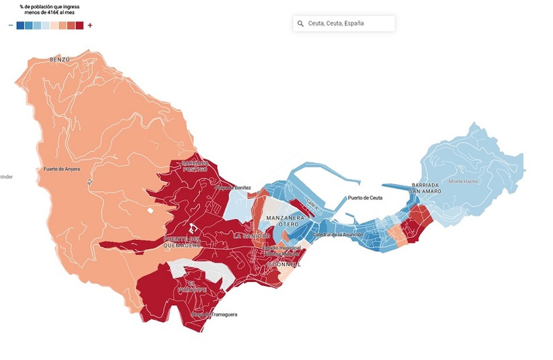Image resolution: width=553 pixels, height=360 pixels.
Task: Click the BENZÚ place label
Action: pyautogui.click(x=60, y=59)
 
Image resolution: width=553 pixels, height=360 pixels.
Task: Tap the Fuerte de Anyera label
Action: pyautogui.click(x=62, y=169)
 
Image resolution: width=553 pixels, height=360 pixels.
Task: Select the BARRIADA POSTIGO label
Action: pyautogui.click(x=195, y=166)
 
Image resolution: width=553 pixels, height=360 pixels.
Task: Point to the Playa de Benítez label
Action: pyautogui.click(x=233, y=188)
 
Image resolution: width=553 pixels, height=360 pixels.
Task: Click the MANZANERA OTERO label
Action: pyautogui.click(x=285, y=221)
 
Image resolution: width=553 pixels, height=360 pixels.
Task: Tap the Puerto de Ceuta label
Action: pyautogui.click(x=365, y=198)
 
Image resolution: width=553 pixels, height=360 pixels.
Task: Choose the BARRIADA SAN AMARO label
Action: pyautogui.click(x=425, y=188)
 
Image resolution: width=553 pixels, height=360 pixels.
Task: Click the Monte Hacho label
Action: pyautogui.click(x=463, y=181)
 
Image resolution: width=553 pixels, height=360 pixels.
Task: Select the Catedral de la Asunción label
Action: pyautogui.click(x=338, y=235)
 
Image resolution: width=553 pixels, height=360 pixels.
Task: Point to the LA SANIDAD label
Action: pyautogui.click(x=251, y=236)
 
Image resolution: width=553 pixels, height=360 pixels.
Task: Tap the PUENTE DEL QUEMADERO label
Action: pyautogui.click(x=182, y=242)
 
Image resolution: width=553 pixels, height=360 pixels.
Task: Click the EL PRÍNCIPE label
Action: pyautogui.click(x=192, y=287)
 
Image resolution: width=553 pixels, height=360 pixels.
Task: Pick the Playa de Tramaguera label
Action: pyautogui.click(x=215, y=314)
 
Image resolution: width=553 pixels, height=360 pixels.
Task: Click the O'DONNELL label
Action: pyautogui.click(x=283, y=264)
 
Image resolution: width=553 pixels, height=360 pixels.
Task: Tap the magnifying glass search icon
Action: pyautogui.click(x=300, y=23)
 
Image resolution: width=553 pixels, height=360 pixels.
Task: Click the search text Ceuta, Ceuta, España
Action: pyautogui.click(x=336, y=23)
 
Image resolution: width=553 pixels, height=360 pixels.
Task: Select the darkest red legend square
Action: pyautogui.click(x=79, y=25)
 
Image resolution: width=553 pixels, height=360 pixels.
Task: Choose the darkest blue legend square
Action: pyautogui.click(x=20, y=25)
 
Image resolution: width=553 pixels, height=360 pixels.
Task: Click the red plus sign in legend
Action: pyautogui.click(x=90, y=25)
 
